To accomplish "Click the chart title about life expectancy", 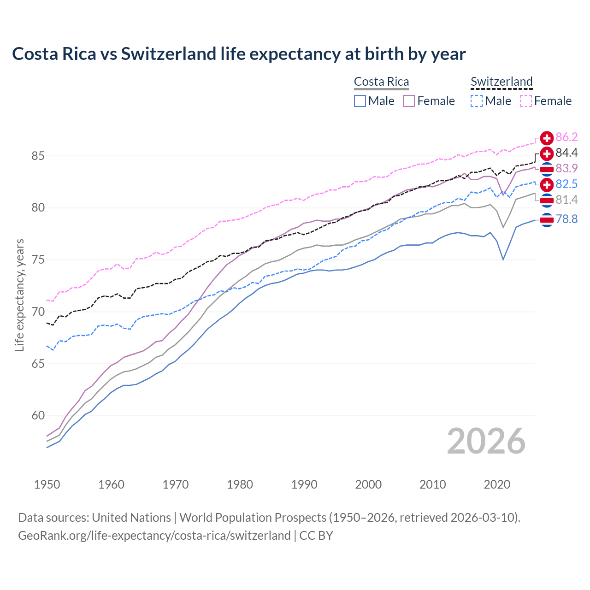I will pos(239,54).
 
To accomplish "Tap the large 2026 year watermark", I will pos(486,441).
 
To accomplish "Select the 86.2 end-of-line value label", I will pos(566,137).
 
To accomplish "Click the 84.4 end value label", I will pos(566,153).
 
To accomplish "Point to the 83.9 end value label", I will pos(566,169).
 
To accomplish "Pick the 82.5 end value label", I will pos(566,184).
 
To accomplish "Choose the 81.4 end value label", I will pos(566,200).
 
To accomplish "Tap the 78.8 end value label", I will pos(566,219).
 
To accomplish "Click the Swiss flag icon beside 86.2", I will pos(547,138).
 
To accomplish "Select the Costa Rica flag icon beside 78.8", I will pos(547,220).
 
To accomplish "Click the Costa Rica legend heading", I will pos(381,82).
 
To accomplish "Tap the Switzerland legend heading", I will pos(501,82).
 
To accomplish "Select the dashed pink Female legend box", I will pos(525,101).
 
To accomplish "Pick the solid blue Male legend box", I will pos(360,101).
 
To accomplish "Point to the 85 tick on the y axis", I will pos(38,156).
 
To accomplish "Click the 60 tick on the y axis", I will pos(38,416).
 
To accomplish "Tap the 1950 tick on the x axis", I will pos(47,484).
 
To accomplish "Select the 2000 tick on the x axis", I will pos(368,484).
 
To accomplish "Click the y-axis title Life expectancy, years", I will pos(20,295).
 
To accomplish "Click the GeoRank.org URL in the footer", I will pos(154,536).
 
